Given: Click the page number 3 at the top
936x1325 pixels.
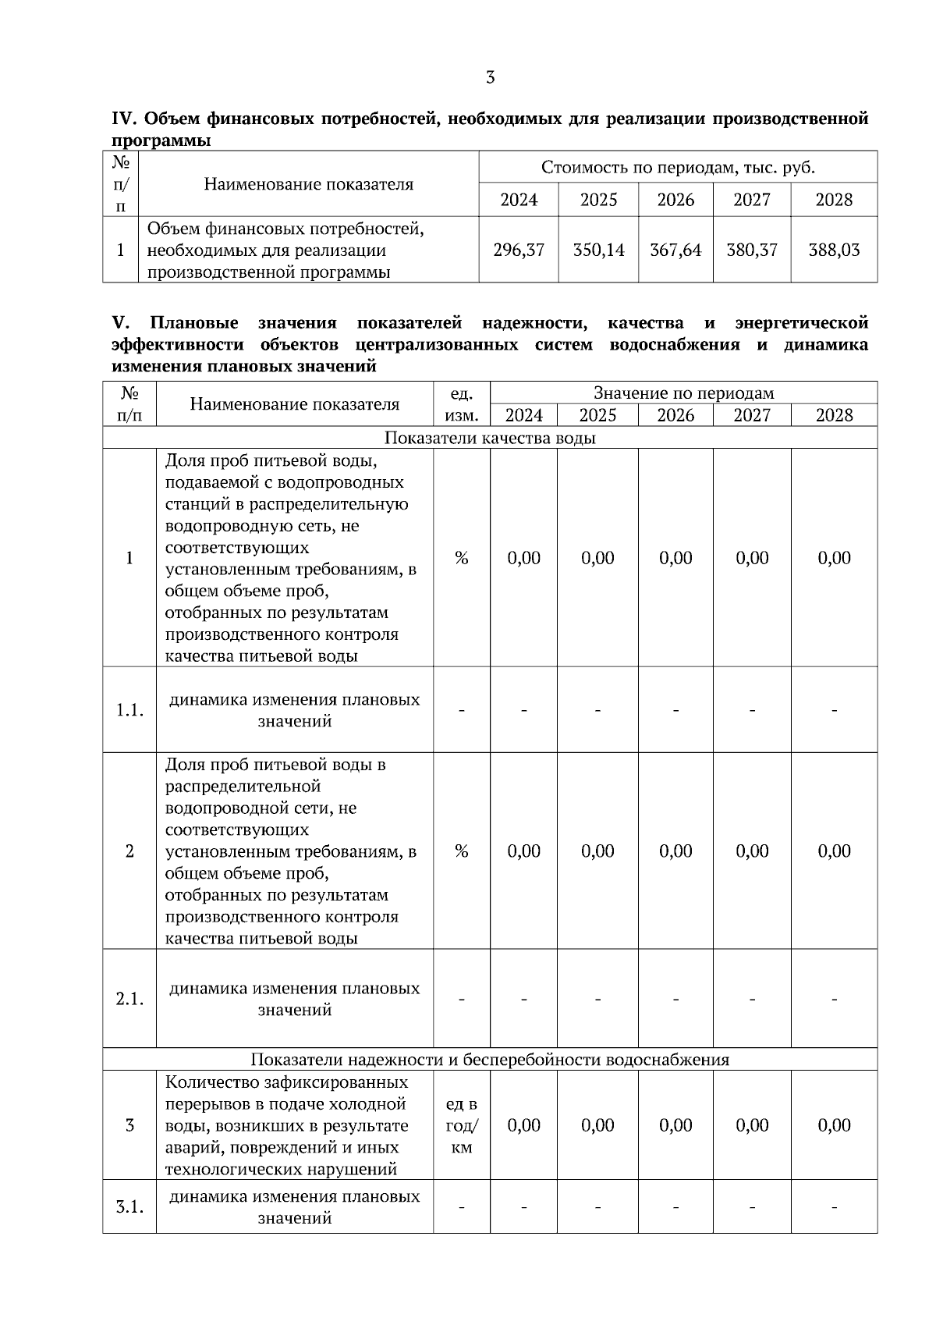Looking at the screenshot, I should click(x=490, y=77).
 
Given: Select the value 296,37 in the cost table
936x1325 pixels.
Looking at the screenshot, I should click(x=519, y=250).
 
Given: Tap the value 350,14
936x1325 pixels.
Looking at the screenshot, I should click(x=598, y=250).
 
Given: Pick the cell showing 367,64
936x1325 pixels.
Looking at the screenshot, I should click(x=675, y=250).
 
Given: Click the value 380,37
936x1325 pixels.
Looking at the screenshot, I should click(x=752, y=250).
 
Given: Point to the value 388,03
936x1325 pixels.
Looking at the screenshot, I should click(x=834, y=250).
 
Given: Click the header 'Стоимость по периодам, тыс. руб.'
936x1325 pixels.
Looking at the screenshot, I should click(x=678, y=168).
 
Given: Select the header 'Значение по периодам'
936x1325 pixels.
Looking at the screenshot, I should click(x=683, y=393).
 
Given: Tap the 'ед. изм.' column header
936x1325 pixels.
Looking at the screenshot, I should click(x=461, y=404).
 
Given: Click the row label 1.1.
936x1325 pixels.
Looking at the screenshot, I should click(x=129, y=711).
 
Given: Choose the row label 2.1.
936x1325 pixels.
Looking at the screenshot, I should click(x=129, y=1000).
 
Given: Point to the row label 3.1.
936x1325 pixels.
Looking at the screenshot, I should click(x=129, y=1207).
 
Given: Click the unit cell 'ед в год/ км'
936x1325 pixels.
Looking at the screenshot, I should click(x=461, y=1126).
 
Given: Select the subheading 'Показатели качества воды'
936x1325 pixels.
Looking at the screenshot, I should click(x=490, y=439).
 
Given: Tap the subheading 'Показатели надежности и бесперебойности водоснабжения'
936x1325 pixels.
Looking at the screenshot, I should click(x=490, y=1060).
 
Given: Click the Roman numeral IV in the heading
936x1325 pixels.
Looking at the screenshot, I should click(x=125, y=119).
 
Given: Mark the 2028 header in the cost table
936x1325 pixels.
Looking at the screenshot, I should click(x=834, y=200).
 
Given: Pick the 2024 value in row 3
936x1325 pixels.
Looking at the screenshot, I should click(x=523, y=1126).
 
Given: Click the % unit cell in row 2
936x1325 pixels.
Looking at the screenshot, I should click(x=461, y=851).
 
